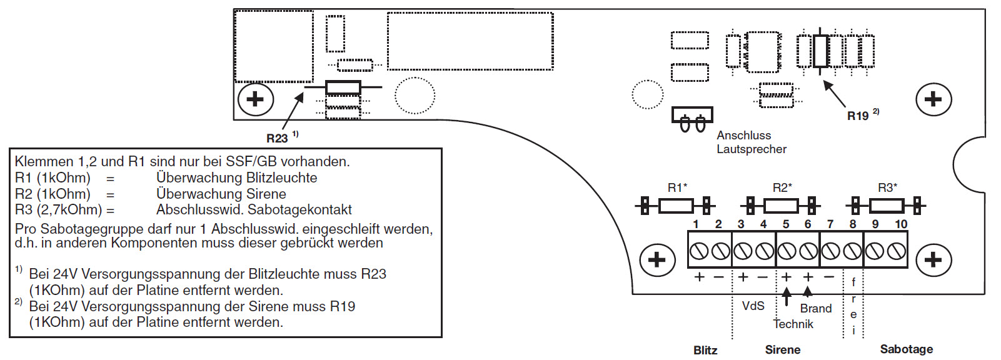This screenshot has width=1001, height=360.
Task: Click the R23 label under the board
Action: [277, 138]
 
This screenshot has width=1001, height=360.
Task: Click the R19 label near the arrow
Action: [858, 116]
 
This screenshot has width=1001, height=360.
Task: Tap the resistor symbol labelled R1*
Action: [676, 205]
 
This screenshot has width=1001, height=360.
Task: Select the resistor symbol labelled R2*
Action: [781, 205]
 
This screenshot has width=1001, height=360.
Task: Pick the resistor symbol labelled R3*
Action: [886, 205]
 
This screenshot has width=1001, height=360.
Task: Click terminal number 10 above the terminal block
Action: [901, 224]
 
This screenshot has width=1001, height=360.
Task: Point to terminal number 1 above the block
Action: [696, 224]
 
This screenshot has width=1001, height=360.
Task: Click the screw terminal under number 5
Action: [787, 251]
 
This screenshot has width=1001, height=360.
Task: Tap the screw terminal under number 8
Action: [852, 251]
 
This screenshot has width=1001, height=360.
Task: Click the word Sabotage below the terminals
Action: [906, 349]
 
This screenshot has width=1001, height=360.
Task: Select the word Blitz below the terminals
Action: [705, 350]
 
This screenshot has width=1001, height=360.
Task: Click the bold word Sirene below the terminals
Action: [783, 350]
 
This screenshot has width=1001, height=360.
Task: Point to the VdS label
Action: [753, 306]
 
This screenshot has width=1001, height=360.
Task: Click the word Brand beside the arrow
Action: [816, 308]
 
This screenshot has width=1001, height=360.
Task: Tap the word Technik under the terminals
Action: [793, 324]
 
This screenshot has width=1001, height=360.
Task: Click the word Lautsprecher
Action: [752, 149]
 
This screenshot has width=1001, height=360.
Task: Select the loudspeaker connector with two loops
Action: [692, 119]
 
